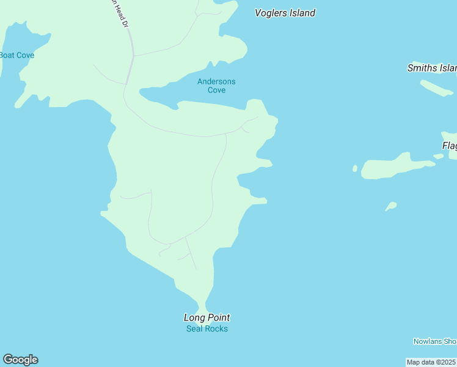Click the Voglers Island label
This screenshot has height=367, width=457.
point(285,13)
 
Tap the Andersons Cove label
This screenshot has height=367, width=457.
point(216,86)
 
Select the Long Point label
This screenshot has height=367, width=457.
point(207,317)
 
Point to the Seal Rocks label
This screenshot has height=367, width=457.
point(207,329)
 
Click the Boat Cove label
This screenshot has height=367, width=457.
point(16,55)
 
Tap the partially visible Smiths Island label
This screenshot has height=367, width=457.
point(432,68)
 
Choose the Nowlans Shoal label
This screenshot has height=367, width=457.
point(434,341)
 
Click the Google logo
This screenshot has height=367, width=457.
point(20,360)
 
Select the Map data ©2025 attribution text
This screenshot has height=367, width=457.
point(431,362)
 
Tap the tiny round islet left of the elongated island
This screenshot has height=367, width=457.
point(355,168)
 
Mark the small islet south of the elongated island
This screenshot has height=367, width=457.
point(391,206)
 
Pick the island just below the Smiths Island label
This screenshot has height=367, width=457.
point(436,88)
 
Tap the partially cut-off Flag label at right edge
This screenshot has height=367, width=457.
point(449,146)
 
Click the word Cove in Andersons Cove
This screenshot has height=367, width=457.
point(216,90)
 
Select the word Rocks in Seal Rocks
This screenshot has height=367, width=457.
point(216,329)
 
